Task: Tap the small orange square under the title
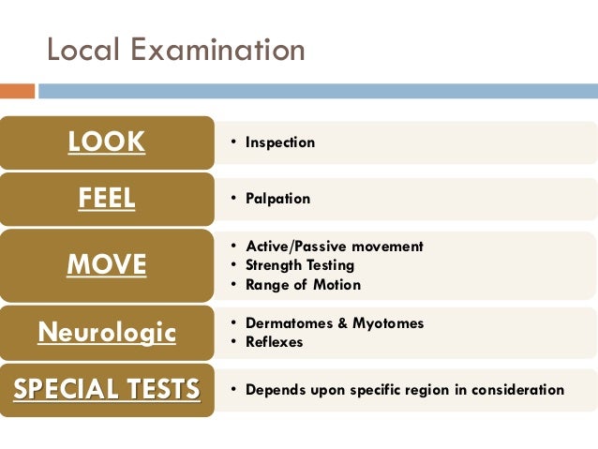17,91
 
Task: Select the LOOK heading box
107,142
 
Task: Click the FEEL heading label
107,199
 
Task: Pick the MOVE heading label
107,265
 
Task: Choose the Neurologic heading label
107,332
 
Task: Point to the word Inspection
280,142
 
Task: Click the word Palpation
277,199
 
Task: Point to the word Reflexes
275,342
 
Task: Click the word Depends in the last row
274,389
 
